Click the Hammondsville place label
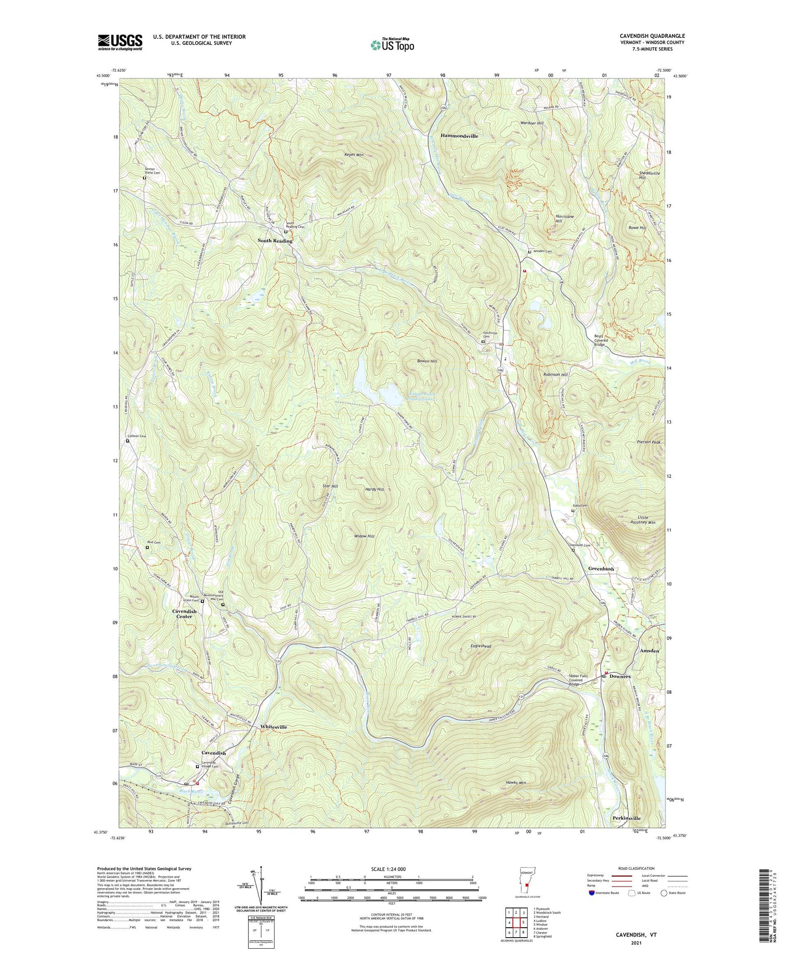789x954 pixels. [x=459, y=136]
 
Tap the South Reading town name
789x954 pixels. [x=275, y=240]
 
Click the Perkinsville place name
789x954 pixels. [x=626, y=818]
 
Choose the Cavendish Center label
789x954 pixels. [x=185, y=614]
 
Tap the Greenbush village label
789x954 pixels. [x=601, y=569]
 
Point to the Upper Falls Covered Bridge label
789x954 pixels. [x=581, y=680]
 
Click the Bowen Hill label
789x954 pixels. [x=427, y=361]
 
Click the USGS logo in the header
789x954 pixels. [x=120, y=42]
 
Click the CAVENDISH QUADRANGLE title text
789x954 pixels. [x=652, y=36]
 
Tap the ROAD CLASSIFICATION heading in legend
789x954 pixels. [x=637, y=868]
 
